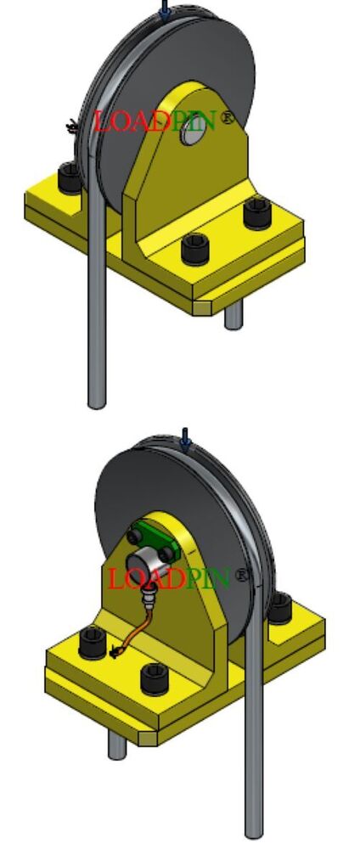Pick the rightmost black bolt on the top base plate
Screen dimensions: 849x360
click(256, 211)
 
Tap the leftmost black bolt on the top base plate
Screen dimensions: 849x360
click(68, 180)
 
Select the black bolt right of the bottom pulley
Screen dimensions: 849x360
click(280, 607)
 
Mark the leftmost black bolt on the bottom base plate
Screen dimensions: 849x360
click(91, 642)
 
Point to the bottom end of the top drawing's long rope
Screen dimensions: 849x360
click(97, 399)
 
